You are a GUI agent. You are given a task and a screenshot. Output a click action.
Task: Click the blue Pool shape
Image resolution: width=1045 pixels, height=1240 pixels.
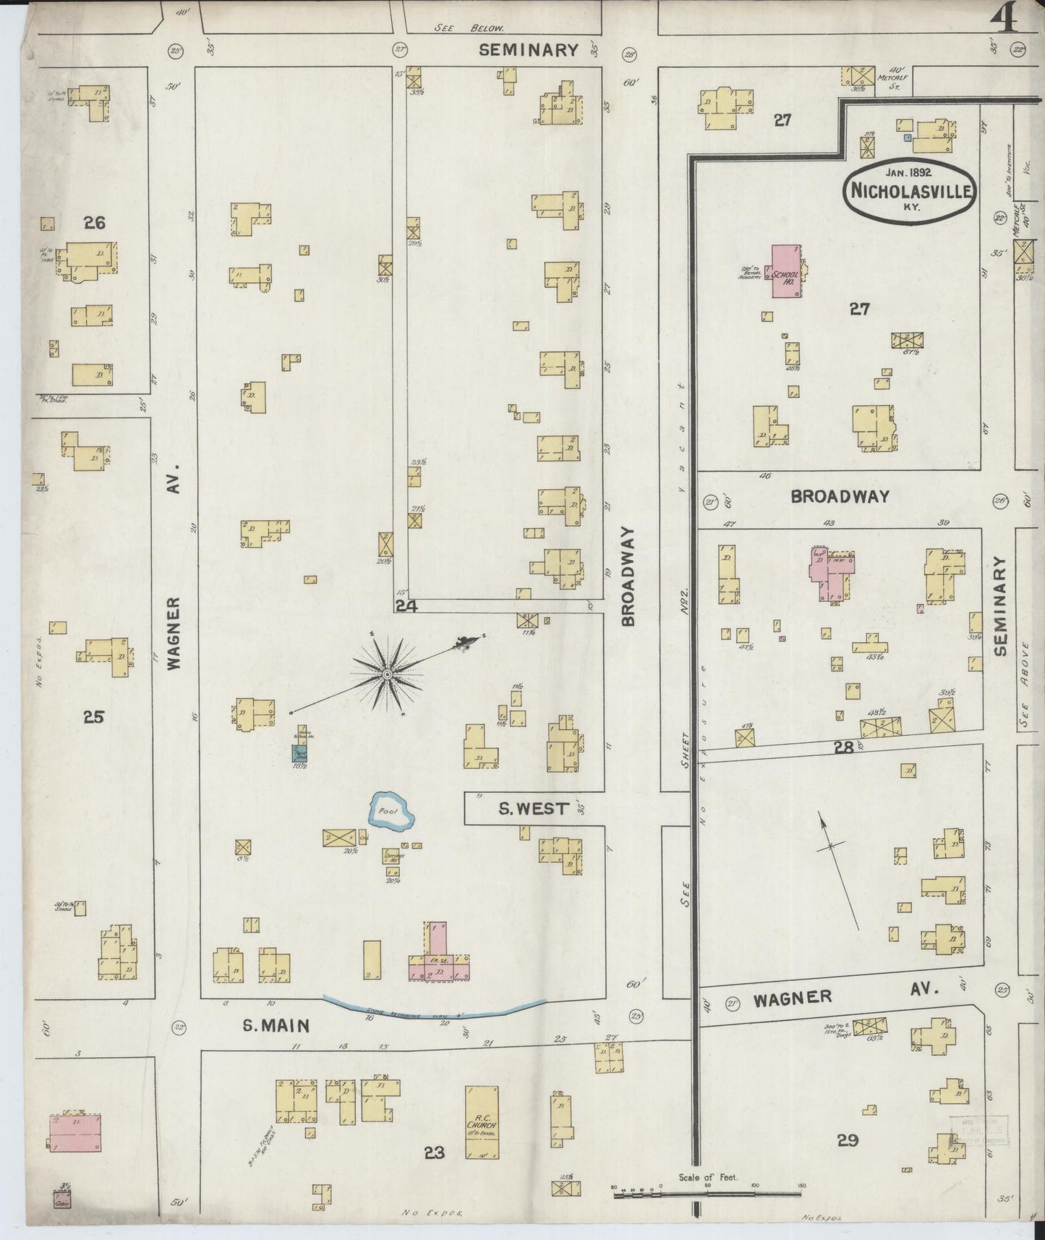pos(392,812)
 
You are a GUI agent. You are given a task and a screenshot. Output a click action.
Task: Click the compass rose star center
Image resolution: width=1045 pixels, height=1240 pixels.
pos(388,674)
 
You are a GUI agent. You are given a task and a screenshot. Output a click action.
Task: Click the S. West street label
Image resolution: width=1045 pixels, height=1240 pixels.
pos(534,808)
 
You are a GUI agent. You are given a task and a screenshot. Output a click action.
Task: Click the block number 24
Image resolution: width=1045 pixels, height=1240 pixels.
pos(406,606)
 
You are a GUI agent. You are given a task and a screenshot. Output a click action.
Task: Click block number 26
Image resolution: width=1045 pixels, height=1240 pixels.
pos(94,223)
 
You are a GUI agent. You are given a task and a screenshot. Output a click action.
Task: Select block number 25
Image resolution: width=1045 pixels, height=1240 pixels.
pos(93,717)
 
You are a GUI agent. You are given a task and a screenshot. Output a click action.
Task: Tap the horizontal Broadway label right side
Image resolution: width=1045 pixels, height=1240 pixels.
pos(839,497)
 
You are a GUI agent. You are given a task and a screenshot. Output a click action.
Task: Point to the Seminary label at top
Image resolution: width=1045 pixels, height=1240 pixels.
pos(529,50)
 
